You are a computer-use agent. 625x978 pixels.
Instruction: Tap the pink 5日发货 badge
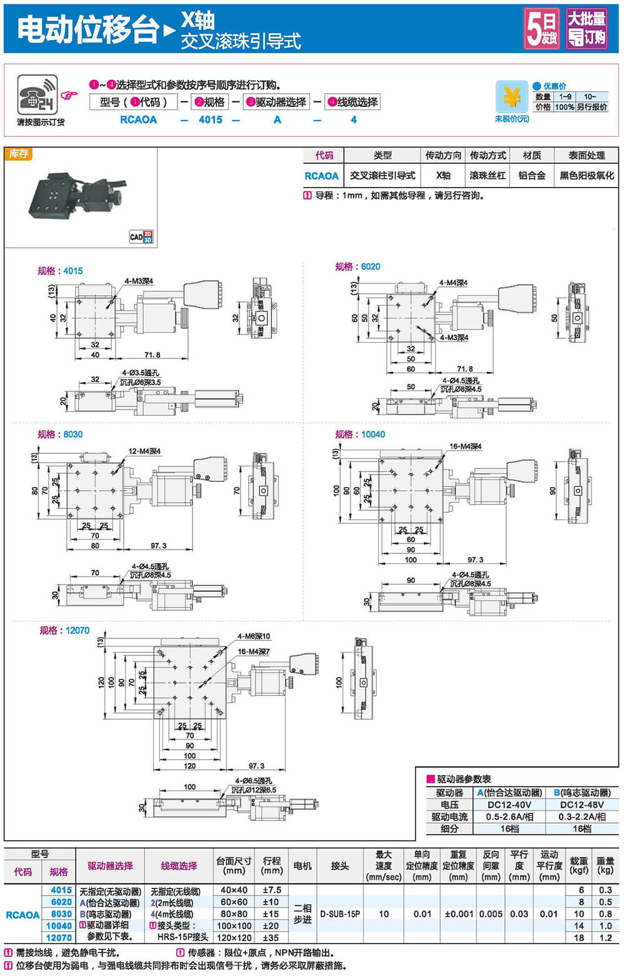pos(541,29)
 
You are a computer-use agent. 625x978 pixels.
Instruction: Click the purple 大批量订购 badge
pos(586,29)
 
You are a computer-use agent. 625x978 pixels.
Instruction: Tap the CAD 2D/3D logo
pos(141,237)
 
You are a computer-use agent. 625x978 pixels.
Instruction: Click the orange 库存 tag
pos(19,154)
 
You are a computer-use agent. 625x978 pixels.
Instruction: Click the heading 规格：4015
pos(60,271)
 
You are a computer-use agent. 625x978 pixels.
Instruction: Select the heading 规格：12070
pos(64,630)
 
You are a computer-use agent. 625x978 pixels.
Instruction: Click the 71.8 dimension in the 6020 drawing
pos(465,369)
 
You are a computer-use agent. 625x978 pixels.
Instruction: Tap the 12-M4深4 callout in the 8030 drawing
pos(144,451)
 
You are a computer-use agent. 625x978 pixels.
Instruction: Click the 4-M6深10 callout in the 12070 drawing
pos(254,637)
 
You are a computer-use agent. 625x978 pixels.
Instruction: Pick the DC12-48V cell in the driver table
pos(581,805)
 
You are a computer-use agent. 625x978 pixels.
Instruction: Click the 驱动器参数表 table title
pos(464,779)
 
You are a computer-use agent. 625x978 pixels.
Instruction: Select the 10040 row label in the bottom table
pos(59,925)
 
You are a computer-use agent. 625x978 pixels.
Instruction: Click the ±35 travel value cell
pos(271,937)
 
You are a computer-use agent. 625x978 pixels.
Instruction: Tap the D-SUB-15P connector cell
pos(340,914)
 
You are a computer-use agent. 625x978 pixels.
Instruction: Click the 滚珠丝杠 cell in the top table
pos(487,176)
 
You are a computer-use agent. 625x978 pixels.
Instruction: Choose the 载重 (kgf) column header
pos(579,865)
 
